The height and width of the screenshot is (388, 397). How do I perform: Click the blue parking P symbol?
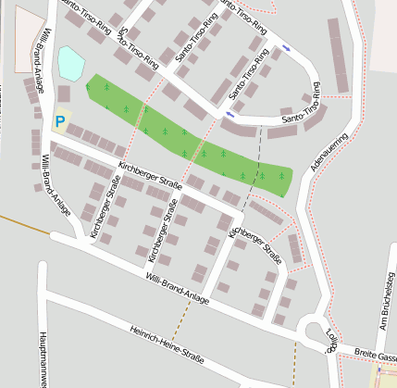[60, 120]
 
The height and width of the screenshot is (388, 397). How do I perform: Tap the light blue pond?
[70, 63]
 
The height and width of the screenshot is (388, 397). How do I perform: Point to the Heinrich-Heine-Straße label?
[167, 344]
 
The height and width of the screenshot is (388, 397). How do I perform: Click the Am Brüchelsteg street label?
[383, 307]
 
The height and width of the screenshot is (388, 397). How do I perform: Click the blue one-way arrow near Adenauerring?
[286, 47]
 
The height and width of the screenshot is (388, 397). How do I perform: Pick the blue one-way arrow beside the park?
[230, 115]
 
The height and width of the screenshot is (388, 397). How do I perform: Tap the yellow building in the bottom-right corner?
[383, 376]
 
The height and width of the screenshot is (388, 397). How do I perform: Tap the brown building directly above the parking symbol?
[64, 94]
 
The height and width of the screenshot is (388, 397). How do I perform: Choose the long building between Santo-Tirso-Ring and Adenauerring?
[340, 56]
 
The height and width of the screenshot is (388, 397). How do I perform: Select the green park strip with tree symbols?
[185, 134]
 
